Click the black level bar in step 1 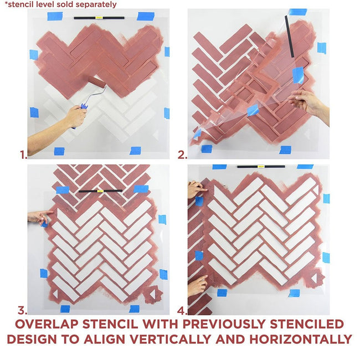[x=99, y=18]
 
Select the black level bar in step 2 [x=289, y=36]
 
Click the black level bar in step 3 [x=100, y=191]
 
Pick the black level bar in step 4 [x=261, y=166]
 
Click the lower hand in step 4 [x=196, y=285]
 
